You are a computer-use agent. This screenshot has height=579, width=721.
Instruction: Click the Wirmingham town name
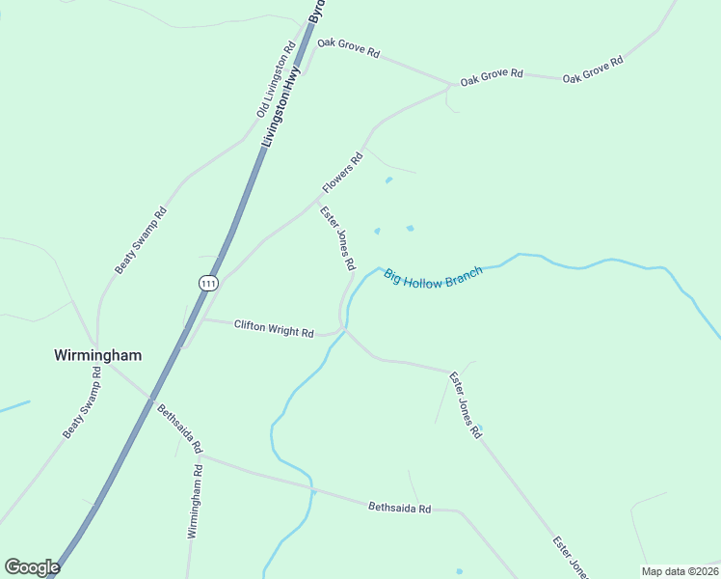coord(97,355)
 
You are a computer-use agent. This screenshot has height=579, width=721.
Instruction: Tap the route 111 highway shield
coord(209,283)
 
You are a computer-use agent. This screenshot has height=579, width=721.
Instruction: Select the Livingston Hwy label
coord(282,106)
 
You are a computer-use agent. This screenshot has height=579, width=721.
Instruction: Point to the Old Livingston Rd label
coord(276,80)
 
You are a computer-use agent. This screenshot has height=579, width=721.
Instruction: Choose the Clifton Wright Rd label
coord(274,329)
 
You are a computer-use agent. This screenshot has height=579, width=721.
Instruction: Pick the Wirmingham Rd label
coord(195,501)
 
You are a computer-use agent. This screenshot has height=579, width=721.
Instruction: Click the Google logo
coord(32,567)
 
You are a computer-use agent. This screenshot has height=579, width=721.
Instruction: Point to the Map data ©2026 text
coord(680,571)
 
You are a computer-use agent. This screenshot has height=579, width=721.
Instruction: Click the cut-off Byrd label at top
coord(316,12)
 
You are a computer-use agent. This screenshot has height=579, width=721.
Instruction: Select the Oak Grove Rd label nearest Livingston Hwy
coord(348,48)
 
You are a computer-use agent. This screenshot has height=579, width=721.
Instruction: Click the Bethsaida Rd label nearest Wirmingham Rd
coord(180,429)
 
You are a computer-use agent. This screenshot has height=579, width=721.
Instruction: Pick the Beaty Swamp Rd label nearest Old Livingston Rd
coord(142,240)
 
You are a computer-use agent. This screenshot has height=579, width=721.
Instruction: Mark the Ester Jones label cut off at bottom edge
coord(570,558)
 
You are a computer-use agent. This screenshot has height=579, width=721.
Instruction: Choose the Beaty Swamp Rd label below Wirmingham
coord(82,402)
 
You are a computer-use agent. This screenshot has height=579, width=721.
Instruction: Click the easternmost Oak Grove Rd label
coord(593,69)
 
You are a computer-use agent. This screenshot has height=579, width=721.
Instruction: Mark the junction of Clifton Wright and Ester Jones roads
coord(345,330)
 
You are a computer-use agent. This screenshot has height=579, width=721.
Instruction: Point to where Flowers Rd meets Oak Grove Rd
coord(450,87)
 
